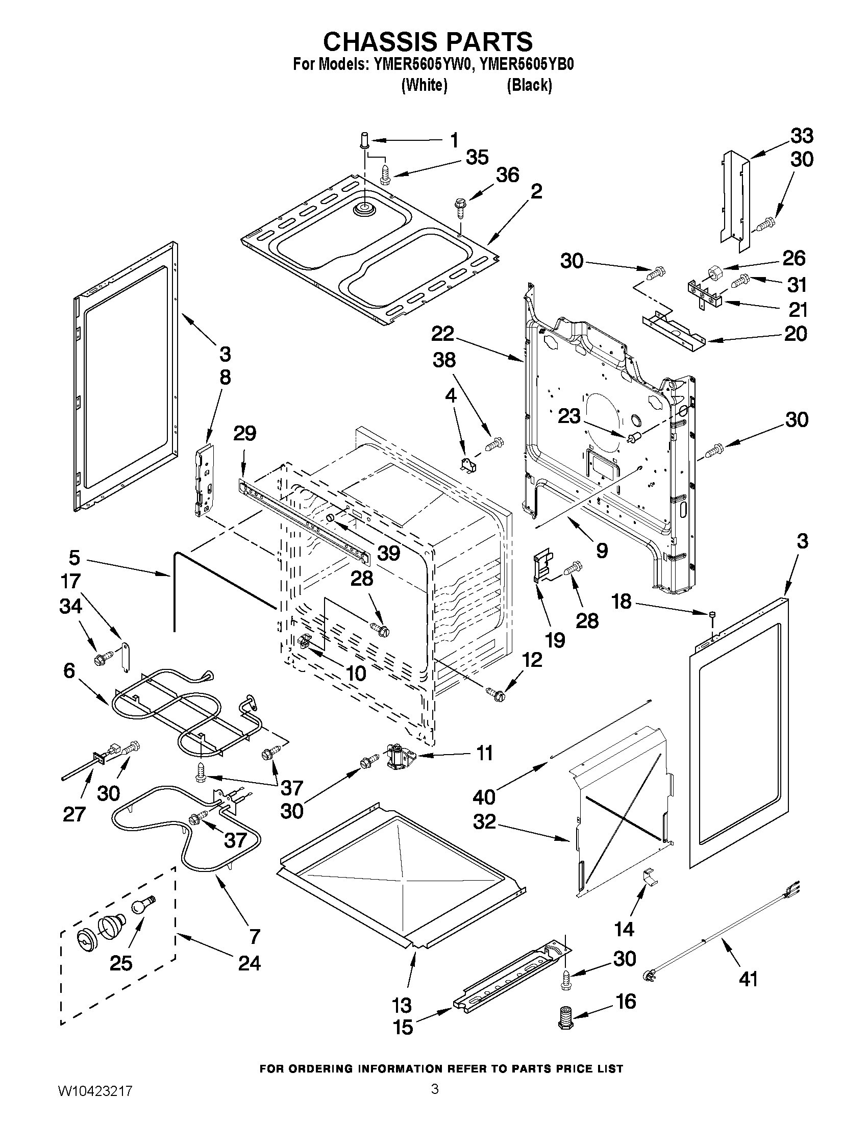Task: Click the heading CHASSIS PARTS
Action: point(427,41)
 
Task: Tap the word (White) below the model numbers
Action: point(424,85)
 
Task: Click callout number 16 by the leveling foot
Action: point(626,1002)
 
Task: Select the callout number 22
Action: point(442,334)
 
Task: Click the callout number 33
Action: point(802,136)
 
